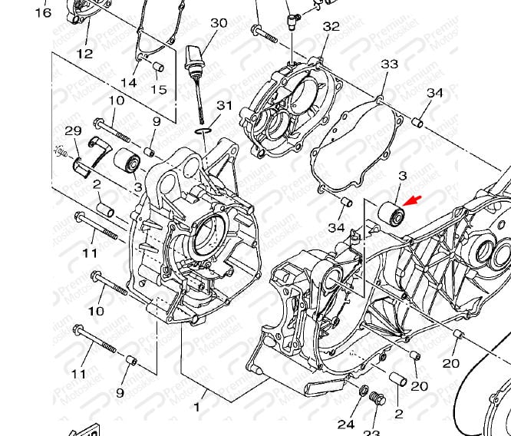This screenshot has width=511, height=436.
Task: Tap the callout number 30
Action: click(219, 23)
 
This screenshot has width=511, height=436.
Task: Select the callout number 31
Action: click(224, 105)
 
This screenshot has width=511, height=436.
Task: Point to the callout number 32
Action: click(331, 27)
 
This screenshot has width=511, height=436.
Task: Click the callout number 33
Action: click(390, 63)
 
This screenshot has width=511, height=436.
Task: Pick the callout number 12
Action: click(84, 54)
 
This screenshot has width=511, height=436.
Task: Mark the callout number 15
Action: click(158, 90)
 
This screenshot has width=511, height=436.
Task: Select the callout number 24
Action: click(346, 424)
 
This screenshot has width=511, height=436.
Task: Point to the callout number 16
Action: click(43, 12)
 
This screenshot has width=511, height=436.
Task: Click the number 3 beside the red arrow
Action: click(401, 177)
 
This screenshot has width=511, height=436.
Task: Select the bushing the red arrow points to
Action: click(393, 214)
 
